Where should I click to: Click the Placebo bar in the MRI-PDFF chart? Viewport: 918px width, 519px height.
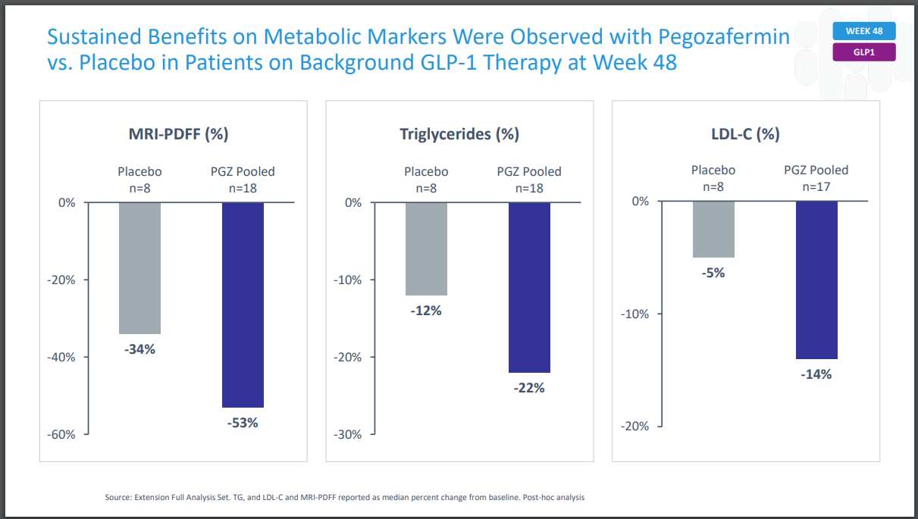[x=139, y=268]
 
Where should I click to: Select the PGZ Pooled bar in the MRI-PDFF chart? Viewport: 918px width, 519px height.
[x=243, y=305]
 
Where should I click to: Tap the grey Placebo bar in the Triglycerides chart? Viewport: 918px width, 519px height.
[x=426, y=249]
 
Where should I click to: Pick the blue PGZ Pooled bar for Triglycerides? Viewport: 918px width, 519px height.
[x=529, y=287]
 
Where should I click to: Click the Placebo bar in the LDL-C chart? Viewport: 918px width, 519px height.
[x=713, y=229]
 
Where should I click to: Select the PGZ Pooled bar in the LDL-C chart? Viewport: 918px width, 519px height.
[x=816, y=280]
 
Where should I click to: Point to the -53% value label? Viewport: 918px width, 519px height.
[x=243, y=423]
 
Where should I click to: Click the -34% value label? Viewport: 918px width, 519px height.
[x=139, y=349]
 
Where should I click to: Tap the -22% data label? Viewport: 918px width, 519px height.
[x=529, y=388]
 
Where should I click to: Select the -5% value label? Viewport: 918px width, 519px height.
[x=713, y=273]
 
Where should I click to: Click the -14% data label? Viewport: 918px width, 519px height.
[x=816, y=374]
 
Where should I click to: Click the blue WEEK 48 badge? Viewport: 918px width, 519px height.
[x=863, y=31]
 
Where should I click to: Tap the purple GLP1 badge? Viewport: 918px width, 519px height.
[x=863, y=52]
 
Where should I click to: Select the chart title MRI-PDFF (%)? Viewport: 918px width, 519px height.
[x=178, y=134]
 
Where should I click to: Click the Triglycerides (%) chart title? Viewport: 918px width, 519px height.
[x=459, y=134]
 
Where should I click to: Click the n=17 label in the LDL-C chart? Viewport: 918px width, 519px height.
[x=816, y=186]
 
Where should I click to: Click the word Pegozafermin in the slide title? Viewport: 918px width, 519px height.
[x=723, y=36]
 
